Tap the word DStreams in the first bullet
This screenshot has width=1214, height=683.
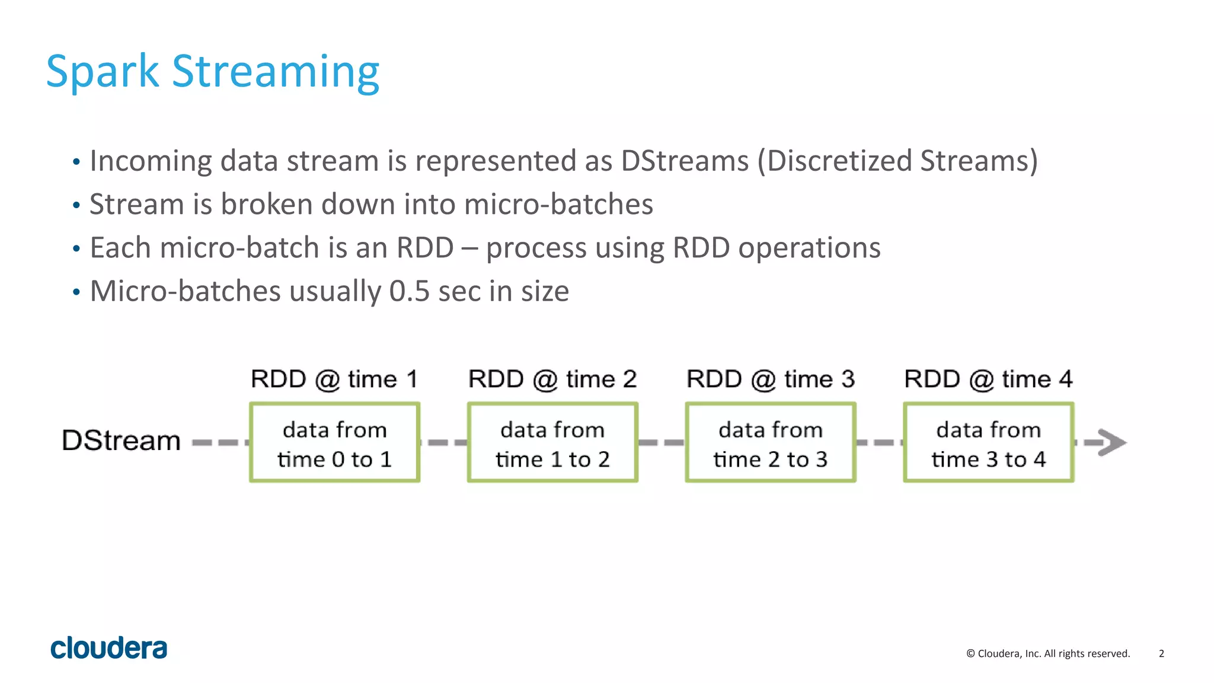tap(685, 161)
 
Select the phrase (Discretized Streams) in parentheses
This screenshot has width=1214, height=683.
tap(897, 161)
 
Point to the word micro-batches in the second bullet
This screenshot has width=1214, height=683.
tap(558, 205)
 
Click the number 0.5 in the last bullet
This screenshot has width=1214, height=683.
tap(409, 292)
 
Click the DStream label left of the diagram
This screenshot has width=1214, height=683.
tap(121, 441)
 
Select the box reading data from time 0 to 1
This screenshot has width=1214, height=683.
tap(335, 443)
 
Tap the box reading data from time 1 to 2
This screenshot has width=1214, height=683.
tap(552, 443)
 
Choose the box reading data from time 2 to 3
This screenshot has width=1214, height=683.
tap(771, 443)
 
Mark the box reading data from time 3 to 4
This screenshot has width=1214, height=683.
tap(988, 443)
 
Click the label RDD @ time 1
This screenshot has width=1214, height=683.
tap(334, 379)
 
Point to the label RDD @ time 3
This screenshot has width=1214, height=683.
tap(770, 379)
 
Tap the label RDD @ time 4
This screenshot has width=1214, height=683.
tap(988, 379)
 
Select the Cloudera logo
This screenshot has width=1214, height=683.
tap(109, 648)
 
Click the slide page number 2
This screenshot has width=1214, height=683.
tap(1161, 653)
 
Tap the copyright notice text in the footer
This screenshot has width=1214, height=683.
tap(1048, 653)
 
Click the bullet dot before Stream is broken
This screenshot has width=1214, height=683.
tap(76, 206)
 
